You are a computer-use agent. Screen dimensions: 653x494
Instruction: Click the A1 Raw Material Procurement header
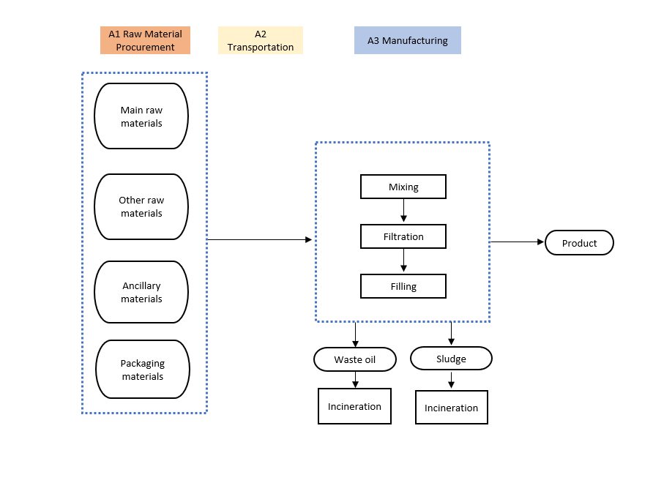(x=146, y=40)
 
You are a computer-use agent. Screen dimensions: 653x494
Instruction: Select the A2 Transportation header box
(x=261, y=40)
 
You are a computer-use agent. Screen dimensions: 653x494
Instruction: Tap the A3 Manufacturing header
(x=408, y=40)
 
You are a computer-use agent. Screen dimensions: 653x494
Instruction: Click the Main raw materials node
(x=141, y=116)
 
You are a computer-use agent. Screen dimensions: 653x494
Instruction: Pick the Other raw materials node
(x=141, y=207)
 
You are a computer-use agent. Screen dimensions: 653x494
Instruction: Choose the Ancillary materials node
(x=141, y=292)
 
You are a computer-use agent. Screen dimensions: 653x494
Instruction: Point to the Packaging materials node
(x=143, y=370)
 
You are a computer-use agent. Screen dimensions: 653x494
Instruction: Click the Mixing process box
(x=403, y=187)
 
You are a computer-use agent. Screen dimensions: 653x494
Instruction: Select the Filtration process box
(x=403, y=236)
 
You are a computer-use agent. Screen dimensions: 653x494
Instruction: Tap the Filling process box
(x=403, y=286)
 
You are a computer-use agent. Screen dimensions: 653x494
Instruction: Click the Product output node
(x=579, y=243)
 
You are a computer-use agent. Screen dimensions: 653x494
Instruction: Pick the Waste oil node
(x=355, y=359)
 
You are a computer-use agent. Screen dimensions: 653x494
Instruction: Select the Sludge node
(x=451, y=359)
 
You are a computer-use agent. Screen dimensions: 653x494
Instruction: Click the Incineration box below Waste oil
(x=354, y=406)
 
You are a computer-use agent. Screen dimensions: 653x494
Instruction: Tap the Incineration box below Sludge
(x=452, y=408)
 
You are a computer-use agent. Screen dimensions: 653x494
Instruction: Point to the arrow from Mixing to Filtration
(x=403, y=211)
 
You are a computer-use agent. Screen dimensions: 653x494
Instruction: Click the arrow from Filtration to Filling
(x=403, y=261)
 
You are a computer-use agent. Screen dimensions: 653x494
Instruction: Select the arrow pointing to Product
(x=518, y=242)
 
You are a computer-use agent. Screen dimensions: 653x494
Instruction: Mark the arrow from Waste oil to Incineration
(x=355, y=380)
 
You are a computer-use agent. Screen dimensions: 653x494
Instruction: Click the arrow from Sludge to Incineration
(x=451, y=380)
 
